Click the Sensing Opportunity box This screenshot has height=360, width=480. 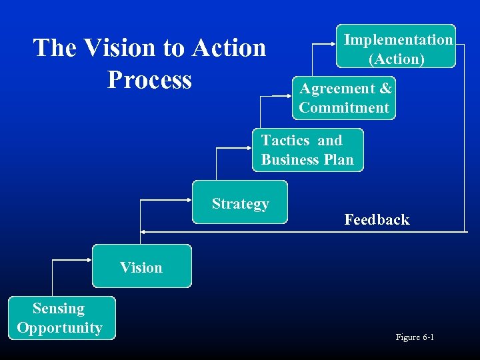pyautogui.click(x=61, y=318)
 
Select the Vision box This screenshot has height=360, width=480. pyautogui.click(x=141, y=266)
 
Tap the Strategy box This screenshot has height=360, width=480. pyautogui.click(x=240, y=202)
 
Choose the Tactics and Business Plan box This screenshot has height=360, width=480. pyautogui.click(x=308, y=150)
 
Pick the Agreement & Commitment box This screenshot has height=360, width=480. pyautogui.click(x=344, y=98)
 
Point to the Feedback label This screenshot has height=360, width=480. pyautogui.click(x=377, y=219)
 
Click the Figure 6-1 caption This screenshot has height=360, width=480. pyautogui.click(x=415, y=337)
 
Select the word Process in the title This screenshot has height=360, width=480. pyautogui.click(x=149, y=79)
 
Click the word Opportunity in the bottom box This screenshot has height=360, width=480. pyautogui.click(x=60, y=328)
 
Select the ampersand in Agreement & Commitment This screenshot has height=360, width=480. pyautogui.click(x=385, y=89)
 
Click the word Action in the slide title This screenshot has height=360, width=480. pyautogui.click(x=229, y=48)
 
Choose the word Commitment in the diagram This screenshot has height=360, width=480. pyautogui.click(x=344, y=108)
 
